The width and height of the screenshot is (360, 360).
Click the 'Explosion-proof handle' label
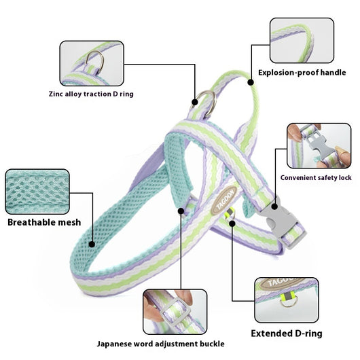302,73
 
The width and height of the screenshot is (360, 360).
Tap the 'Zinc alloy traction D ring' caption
91,94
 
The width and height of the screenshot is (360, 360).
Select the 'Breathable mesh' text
44,222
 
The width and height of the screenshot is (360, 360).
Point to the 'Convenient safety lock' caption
316,178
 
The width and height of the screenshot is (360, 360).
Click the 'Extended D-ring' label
287,334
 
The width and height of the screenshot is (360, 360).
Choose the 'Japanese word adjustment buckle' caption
160,344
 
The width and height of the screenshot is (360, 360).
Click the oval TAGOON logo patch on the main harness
224,200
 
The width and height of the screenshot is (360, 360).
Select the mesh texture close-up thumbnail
37,192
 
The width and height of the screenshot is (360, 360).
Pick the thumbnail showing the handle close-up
302,40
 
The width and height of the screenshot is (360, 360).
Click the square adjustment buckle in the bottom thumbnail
176,312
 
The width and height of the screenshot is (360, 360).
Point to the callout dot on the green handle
251,82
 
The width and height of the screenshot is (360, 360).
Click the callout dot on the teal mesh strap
92,245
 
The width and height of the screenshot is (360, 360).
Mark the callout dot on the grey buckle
274,206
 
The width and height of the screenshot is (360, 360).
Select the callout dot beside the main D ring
195,102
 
